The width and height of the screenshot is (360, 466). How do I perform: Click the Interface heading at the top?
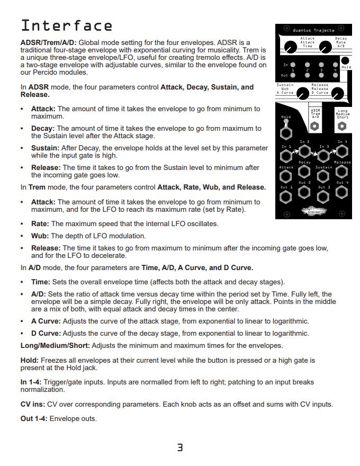[66, 25]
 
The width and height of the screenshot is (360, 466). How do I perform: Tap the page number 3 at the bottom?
[180, 447]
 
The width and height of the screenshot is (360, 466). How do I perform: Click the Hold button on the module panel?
[345, 61]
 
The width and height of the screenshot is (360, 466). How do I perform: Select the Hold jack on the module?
[286, 128]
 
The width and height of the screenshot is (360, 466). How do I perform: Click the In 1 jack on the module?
[286, 156]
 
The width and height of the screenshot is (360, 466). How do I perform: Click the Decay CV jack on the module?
[304, 172]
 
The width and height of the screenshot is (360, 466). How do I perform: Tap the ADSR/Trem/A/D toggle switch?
[314, 126]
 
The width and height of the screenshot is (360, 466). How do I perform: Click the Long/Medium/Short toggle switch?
[342, 126]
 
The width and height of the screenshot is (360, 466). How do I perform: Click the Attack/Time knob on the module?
[290, 48]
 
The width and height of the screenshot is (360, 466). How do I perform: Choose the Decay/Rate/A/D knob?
[336, 48]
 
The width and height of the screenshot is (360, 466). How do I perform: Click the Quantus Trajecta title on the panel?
[313, 31]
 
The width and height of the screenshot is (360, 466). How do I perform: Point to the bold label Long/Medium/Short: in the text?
[55, 346]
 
